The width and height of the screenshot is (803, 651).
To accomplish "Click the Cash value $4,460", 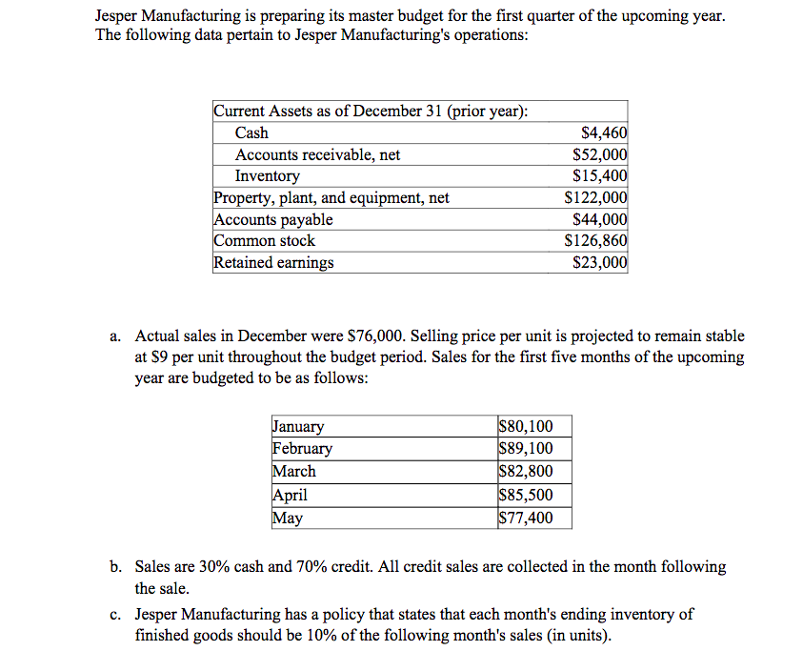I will pyautogui.click(x=604, y=133).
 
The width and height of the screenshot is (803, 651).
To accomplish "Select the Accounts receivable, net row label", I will pyautogui.click(x=317, y=154).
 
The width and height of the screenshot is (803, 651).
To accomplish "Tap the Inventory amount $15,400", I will pyautogui.click(x=599, y=176).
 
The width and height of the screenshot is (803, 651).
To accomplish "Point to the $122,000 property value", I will pyautogui.click(x=595, y=198).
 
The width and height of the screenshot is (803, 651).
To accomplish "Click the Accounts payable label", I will pyautogui.click(x=272, y=220).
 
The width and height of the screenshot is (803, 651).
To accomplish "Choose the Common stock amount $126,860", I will pyautogui.click(x=595, y=241).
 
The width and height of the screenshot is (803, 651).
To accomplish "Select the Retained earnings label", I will pyautogui.click(x=273, y=263).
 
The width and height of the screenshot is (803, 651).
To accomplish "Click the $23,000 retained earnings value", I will pyautogui.click(x=599, y=263).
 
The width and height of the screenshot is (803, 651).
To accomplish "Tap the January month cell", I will pyautogui.click(x=298, y=427).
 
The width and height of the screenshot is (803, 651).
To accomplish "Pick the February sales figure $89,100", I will pyautogui.click(x=525, y=449).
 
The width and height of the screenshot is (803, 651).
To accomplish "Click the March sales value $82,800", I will pyautogui.click(x=525, y=472).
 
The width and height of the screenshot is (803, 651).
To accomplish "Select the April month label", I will pyautogui.click(x=290, y=495).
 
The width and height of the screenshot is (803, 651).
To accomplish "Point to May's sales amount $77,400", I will pyautogui.click(x=525, y=519).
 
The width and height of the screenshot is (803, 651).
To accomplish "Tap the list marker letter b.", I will pyautogui.click(x=114, y=567).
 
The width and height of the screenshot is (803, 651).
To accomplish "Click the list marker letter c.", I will pyautogui.click(x=114, y=615).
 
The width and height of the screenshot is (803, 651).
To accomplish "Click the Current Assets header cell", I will pyautogui.click(x=371, y=112).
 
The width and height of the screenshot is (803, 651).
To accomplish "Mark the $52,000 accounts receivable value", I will pyautogui.click(x=599, y=154).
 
